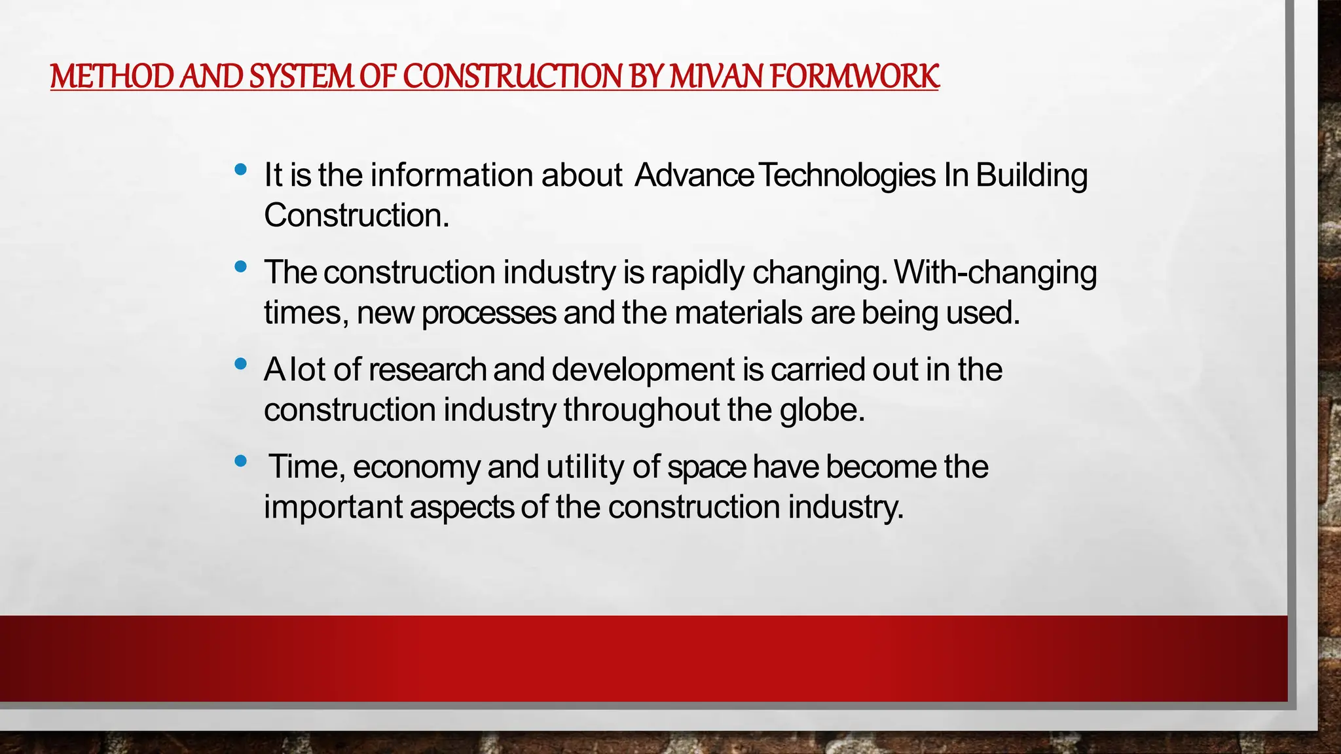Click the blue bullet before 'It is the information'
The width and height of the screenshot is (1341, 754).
click(x=240, y=170)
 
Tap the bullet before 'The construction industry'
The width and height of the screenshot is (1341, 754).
click(x=240, y=267)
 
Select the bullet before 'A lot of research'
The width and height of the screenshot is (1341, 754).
click(x=240, y=364)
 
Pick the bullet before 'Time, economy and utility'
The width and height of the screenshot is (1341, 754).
click(x=240, y=461)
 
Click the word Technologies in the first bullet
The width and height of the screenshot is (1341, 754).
click(x=849, y=175)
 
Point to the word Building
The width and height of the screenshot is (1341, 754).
click(x=1031, y=175)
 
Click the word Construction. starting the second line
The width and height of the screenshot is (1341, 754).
click(x=356, y=215)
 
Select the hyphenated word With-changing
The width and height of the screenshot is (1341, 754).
click(x=995, y=273)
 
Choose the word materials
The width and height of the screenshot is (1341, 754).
click(x=738, y=313)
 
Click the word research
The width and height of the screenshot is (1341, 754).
click(x=427, y=370)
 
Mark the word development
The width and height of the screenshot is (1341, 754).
click(x=643, y=370)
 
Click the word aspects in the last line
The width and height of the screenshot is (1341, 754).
click(x=462, y=507)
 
